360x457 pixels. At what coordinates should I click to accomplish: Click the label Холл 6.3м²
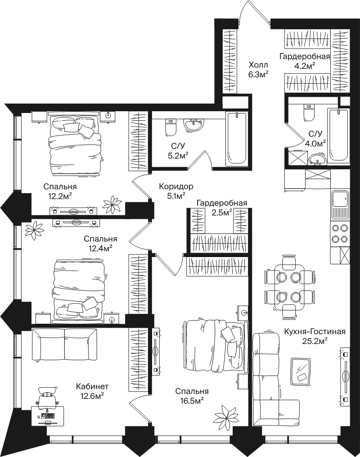[x=258, y=69]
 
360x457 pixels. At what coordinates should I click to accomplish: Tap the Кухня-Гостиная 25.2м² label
[x=315, y=336]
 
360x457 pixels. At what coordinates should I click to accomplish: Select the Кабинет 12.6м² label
[x=92, y=391]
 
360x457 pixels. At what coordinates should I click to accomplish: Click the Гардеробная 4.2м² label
[x=305, y=61]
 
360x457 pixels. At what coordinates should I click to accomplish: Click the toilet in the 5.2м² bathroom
[x=171, y=127]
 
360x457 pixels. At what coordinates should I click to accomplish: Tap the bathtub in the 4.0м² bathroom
[x=338, y=136]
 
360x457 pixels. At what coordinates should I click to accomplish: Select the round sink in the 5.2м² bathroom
[x=193, y=126]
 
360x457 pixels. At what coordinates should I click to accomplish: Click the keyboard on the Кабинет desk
[x=48, y=415]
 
